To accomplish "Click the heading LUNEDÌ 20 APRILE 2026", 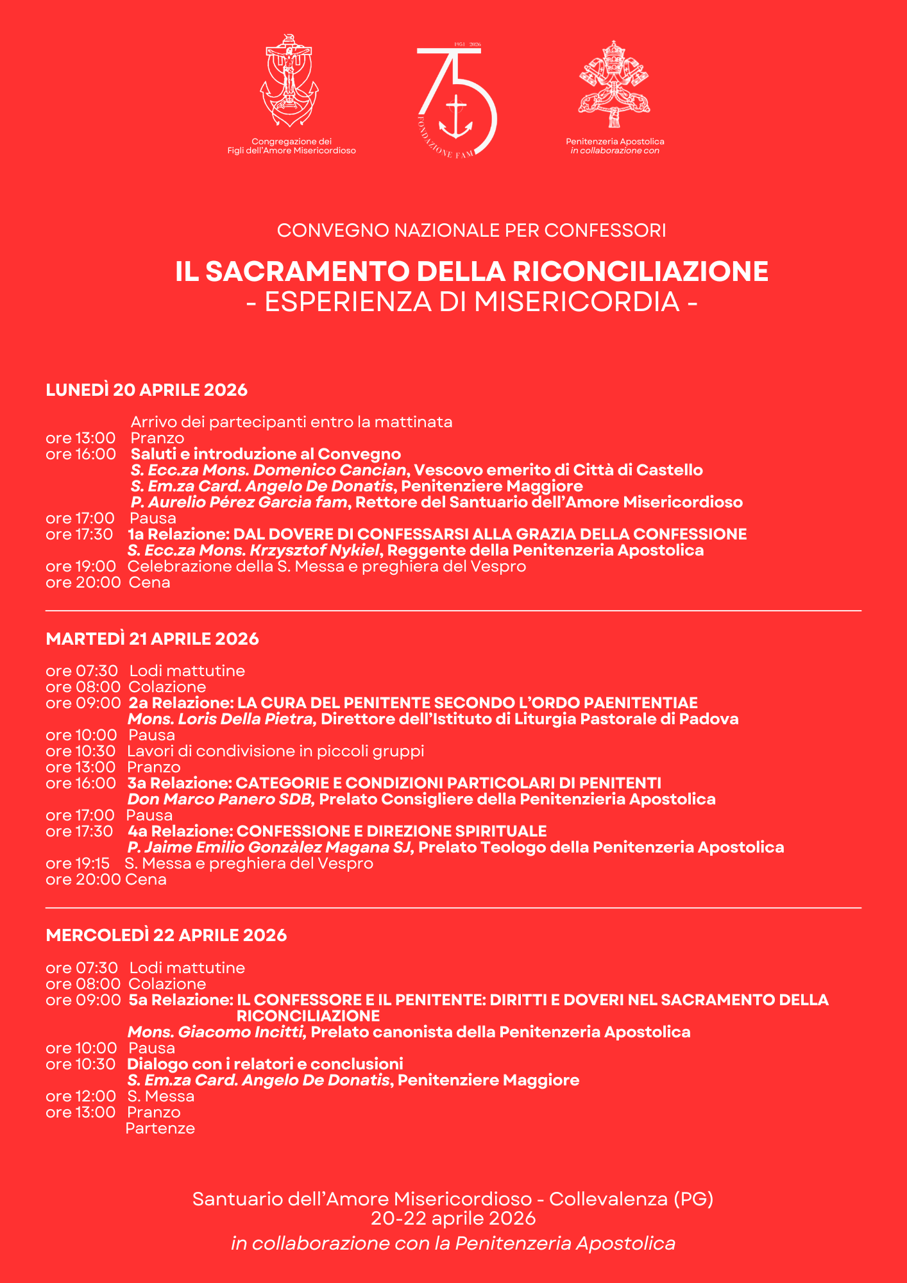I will tap(147, 390).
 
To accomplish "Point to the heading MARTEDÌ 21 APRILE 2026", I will tap(153, 639).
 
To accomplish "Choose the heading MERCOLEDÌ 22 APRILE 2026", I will tap(167, 935).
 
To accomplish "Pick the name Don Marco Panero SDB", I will tap(220, 799).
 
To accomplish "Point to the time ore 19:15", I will tap(78, 863).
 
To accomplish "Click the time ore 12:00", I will tap(81, 1096).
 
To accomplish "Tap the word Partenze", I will tap(160, 1128).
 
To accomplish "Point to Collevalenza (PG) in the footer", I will tap(631, 1199).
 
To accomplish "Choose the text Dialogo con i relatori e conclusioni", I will tap(265, 1064).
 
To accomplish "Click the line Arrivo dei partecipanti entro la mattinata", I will tap(292, 422).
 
